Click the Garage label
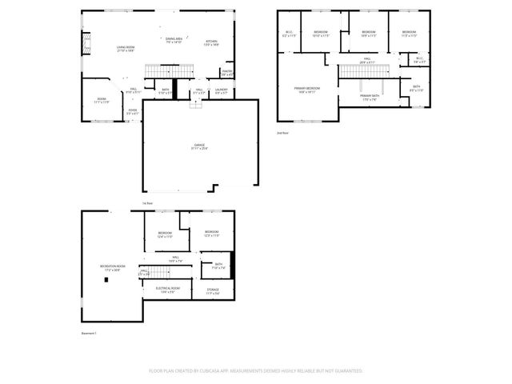coord(199,146)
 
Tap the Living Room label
coord(126,49)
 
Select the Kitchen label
coord(211,42)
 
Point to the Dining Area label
coord(174,41)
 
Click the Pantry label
coord(227,73)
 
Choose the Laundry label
coord(222,90)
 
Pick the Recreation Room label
coord(113,267)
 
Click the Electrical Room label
coord(167,289)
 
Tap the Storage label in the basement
coord(213,291)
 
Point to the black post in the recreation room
coord(106,280)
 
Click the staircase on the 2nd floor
coord(364,72)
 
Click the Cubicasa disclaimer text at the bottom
coord(256,371)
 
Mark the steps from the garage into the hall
coord(194,104)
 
